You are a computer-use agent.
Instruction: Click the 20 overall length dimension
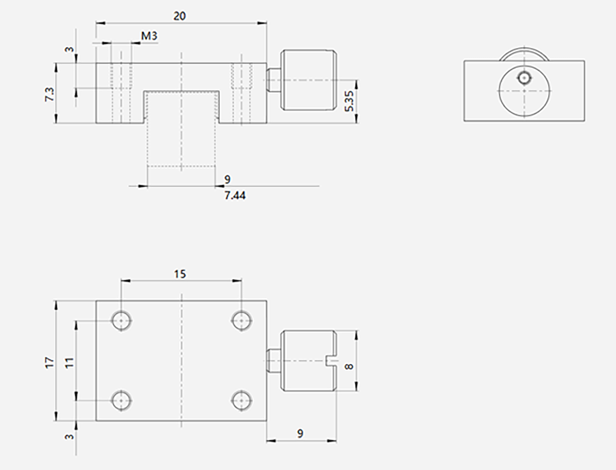[x=179, y=16]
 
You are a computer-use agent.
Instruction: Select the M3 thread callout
[x=149, y=36]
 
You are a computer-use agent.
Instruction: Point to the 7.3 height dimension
[x=50, y=94]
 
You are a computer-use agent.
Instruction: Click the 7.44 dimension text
[x=235, y=195]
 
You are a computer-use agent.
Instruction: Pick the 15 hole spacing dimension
[x=179, y=274]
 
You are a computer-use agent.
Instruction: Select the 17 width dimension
[x=50, y=363]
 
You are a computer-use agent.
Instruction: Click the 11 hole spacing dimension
[x=70, y=363]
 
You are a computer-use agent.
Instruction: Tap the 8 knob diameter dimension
[x=349, y=367]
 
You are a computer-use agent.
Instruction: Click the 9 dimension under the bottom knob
[x=300, y=434]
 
